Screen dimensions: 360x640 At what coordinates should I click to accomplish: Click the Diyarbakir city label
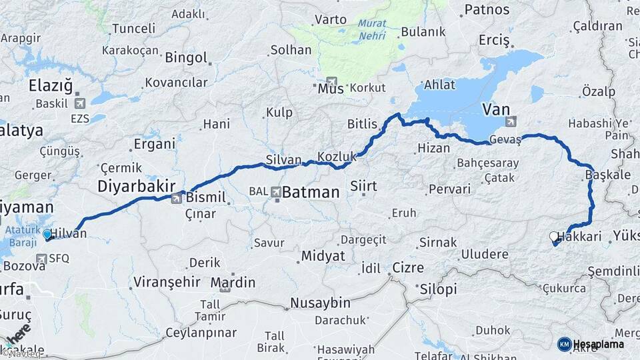[136, 186]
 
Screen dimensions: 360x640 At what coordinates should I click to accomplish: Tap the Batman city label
[311, 193]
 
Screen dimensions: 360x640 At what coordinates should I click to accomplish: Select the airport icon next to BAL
[277, 192]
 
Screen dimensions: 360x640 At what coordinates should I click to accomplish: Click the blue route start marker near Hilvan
[47, 234]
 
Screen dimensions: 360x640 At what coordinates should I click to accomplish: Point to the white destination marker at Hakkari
[553, 236]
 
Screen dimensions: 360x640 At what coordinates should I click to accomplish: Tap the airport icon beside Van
[511, 121]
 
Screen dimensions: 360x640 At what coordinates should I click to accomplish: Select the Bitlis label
[362, 124]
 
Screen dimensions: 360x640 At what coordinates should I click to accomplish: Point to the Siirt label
[363, 185]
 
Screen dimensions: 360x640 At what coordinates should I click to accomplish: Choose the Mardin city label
[233, 283]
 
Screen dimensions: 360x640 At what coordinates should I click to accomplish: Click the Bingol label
[186, 58]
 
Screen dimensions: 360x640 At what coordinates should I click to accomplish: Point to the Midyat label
[323, 256]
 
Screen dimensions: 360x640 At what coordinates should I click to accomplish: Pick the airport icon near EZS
[81, 103]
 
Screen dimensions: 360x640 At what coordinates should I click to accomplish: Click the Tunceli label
[133, 29]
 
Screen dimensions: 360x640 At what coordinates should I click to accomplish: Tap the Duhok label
[493, 329]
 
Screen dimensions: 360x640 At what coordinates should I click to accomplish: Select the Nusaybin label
[320, 303]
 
